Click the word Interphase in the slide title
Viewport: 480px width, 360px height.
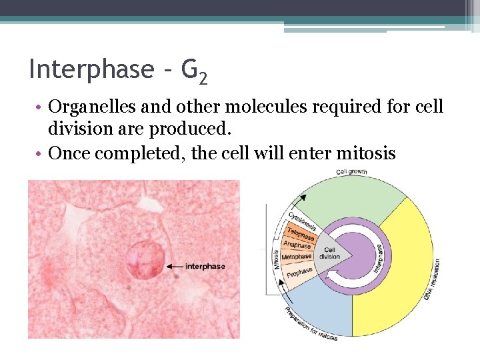(91, 69)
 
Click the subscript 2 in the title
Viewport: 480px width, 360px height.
(203, 79)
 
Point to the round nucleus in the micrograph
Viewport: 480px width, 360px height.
(145, 260)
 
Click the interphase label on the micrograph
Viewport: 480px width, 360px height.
(205, 267)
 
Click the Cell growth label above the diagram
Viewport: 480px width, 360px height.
(351, 172)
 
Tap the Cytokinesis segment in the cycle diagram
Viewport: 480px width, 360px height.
(302, 222)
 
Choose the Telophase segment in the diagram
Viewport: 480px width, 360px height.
(301, 234)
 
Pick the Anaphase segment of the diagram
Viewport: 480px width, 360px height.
(297, 245)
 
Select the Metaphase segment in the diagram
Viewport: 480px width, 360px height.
(296, 257)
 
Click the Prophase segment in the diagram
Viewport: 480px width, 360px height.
(299, 273)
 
